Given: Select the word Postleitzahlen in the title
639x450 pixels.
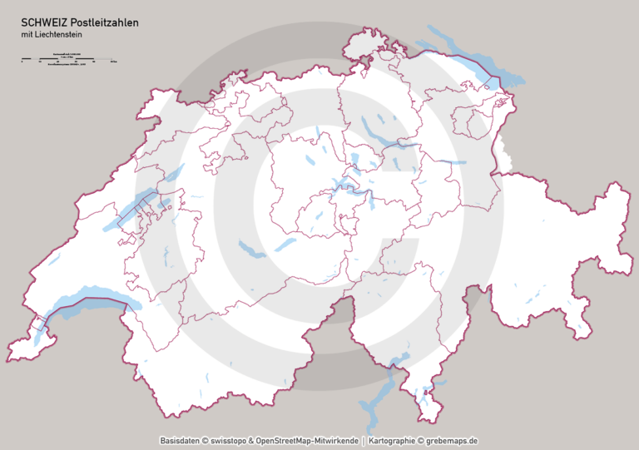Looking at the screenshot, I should coord(104,22).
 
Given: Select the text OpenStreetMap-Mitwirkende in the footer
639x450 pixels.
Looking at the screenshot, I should coord(310,440).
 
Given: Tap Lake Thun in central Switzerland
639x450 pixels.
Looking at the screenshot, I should coord(249,249).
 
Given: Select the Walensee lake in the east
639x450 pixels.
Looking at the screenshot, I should coord(450,161).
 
